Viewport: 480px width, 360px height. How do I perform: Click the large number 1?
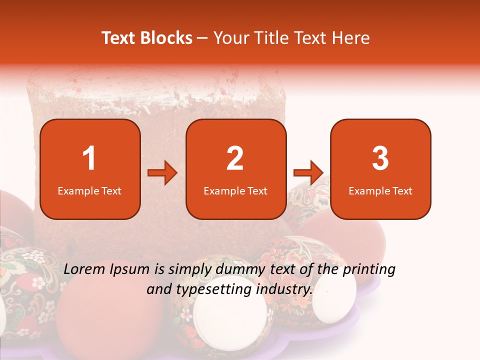coord(89,158)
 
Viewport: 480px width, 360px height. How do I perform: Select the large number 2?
coord(235,158)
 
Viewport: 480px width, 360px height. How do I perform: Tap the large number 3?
coord(380,158)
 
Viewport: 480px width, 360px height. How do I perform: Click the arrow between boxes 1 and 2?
coord(162,173)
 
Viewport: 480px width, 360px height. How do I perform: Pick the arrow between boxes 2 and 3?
coord(308,173)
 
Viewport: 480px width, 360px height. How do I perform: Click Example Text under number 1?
coord(89,190)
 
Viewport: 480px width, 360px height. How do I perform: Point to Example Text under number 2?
coord(235,190)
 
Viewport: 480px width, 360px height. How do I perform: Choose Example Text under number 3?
coord(380,190)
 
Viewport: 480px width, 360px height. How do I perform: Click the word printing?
coord(370,270)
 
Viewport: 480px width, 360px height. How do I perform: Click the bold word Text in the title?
coord(119,38)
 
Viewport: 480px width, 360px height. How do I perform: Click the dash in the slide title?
coord(202,38)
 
